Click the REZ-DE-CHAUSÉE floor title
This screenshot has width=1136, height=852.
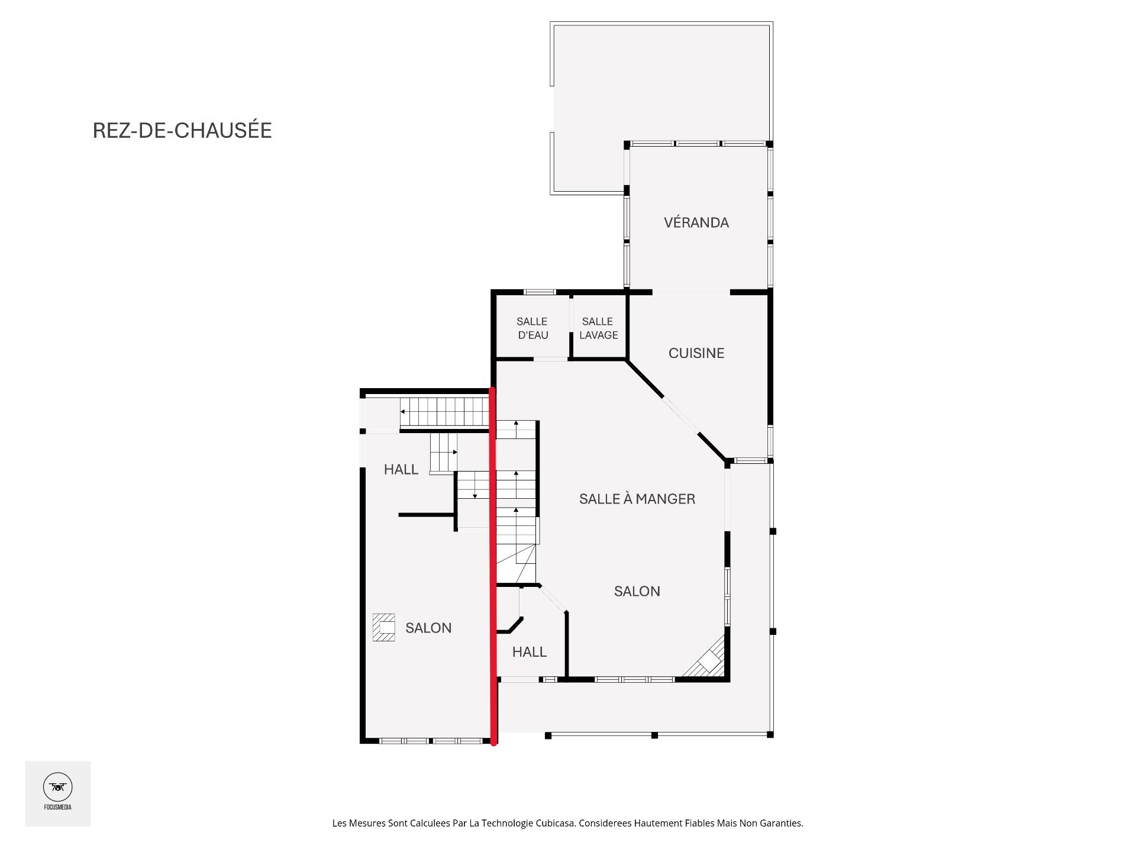[182, 131]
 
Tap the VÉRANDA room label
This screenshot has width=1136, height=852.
[696, 222]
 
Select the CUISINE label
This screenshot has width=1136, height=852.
[696, 353]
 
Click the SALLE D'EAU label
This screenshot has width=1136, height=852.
[532, 328]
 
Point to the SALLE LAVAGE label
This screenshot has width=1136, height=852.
[598, 328]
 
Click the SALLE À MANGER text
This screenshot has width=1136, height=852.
[637, 499]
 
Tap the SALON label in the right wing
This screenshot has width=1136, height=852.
[637, 591]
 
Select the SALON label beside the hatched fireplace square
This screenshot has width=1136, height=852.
[428, 628]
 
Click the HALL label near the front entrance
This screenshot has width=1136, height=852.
[529, 652]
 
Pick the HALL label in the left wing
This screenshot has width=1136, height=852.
[401, 470]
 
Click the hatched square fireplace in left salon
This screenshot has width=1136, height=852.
[383, 627]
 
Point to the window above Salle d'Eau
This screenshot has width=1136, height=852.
[540, 292]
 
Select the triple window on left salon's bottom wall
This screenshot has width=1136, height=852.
[431, 741]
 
